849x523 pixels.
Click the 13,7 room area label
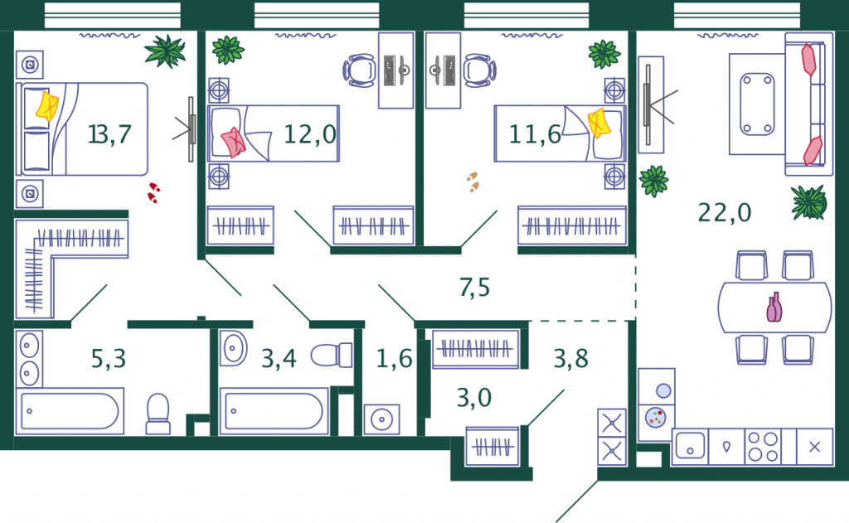tap(109, 133)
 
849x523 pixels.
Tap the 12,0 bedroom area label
tap(310, 133)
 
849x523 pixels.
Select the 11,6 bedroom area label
tap(535, 134)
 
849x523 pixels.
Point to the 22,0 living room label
tap(725, 212)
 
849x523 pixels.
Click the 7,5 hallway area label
tap(475, 287)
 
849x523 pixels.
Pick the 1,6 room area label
tap(394, 358)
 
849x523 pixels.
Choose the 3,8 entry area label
tap(570, 358)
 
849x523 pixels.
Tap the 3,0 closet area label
tap(474, 397)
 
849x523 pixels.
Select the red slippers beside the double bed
tap(153, 193)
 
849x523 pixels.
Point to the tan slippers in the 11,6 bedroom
tap(473, 182)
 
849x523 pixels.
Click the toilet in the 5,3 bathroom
tap(158, 414)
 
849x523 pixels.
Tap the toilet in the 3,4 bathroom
tap(332, 356)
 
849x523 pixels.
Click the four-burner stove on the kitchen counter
tap(763, 447)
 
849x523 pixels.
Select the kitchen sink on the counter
tap(691, 447)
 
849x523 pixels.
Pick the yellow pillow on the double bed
tap(47, 106)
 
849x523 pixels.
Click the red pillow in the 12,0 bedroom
tap(233, 143)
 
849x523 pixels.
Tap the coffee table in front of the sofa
tap(757, 104)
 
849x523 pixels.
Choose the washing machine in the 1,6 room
tap(381, 419)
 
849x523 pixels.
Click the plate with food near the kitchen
tap(656, 418)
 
